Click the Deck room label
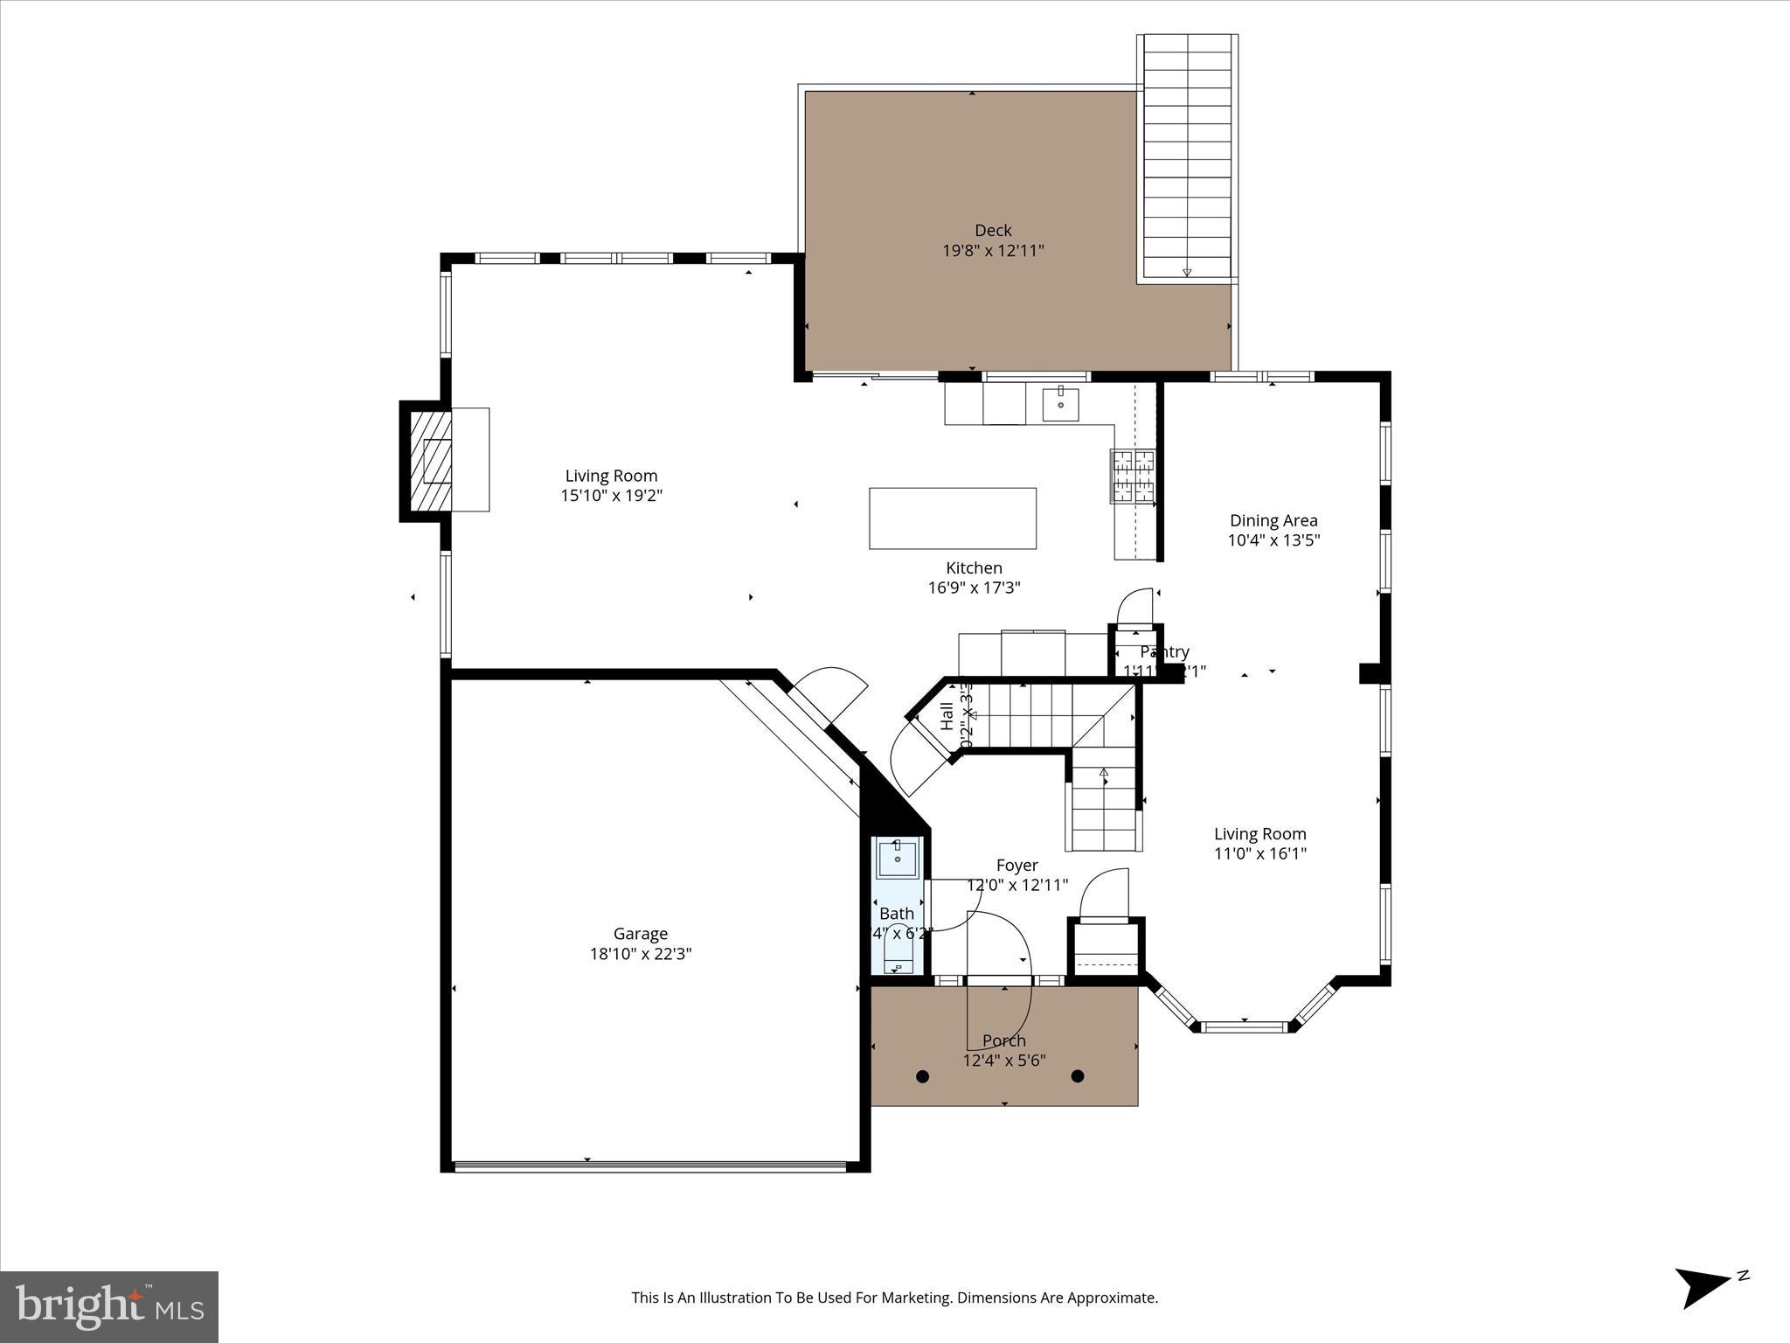coord(993,231)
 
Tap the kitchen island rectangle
coord(952,518)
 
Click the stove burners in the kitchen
coord(1133,477)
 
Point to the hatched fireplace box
coord(431,461)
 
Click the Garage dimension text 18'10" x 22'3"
coord(640,954)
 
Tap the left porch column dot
coord(922,1076)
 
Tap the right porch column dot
coord(1078,1076)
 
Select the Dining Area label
coord(1273,520)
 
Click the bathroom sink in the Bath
coord(897,858)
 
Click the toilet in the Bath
coord(898,953)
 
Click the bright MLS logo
coord(109,1306)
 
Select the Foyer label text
coord(1016,866)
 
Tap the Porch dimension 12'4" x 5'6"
coord(1004,1061)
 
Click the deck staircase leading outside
coord(1187,157)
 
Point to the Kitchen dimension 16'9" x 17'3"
coord(974,588)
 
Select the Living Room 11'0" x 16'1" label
coord(1259,844)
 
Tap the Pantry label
coord(1164,652)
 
